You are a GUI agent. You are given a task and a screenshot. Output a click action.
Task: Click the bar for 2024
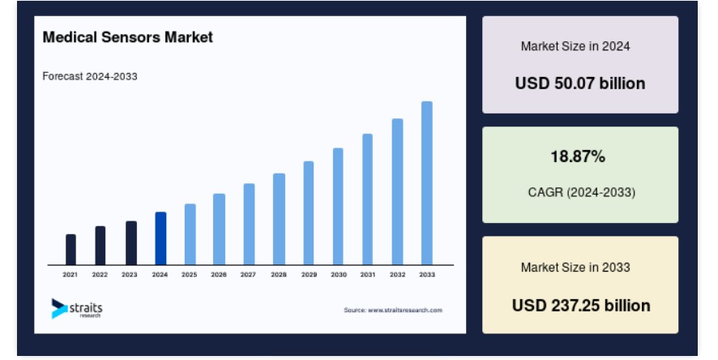click(160, 238)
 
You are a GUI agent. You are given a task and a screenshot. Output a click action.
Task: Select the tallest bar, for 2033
click(427, 182)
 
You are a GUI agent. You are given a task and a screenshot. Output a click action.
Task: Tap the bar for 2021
click(71, 249)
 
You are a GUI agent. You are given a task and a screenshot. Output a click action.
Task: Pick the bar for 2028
click(279, 219)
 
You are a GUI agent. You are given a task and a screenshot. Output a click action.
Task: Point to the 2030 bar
click(338, 206)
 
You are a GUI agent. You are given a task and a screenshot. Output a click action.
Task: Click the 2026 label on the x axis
click(219, 275)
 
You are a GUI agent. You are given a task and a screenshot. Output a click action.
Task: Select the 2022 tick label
click(100, 275)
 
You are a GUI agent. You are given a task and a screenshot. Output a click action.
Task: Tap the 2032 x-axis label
click(397, 275)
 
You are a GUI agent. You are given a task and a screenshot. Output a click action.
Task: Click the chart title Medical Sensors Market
click(128, 37)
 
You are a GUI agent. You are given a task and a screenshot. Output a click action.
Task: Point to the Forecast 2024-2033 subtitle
click(90, 76)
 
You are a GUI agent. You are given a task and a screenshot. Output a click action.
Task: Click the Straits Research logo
click(77, 309)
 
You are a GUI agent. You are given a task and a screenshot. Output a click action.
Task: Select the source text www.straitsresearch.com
click(405, 310)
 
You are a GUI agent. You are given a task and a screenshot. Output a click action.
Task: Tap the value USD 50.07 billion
click(580, 84)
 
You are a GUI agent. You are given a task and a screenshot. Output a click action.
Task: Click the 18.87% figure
click(578, 156)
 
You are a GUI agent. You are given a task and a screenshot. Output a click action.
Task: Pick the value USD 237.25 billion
click(581, 306)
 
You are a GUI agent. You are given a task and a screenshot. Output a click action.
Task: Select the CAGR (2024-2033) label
click(582, 192)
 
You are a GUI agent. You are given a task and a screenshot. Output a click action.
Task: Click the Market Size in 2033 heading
click(575, 267)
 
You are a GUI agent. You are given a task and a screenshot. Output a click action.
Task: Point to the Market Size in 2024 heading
click(575, 46)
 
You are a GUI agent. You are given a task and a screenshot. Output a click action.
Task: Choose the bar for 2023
click(131, 242)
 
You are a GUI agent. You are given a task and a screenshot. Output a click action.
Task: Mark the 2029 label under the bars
click(309, 275)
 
